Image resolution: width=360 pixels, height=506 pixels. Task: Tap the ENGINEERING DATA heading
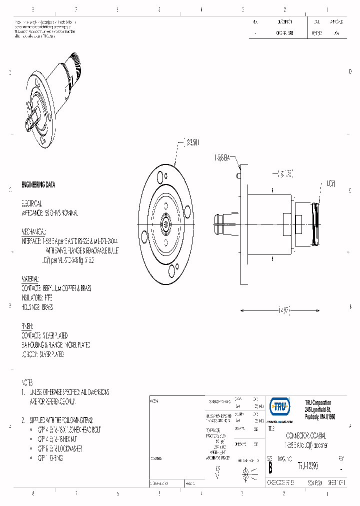coord(38,184)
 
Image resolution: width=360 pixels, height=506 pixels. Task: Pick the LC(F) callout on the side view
coord(331,183)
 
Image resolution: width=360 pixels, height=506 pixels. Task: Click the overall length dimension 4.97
coord(283,310)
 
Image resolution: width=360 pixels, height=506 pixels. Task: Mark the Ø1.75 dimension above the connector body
coord(285,173)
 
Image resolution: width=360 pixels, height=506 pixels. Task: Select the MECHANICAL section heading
coord(33,231)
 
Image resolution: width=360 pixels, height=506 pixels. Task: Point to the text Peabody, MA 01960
coord(320,416)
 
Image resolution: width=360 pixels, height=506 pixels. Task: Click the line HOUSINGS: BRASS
coord(37,307)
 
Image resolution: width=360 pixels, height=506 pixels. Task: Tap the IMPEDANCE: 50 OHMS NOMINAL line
coord(49,213)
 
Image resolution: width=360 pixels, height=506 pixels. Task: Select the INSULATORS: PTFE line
coord(36,297)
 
